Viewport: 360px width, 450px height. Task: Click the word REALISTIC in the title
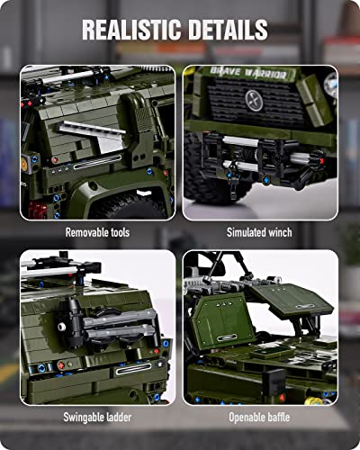pos(129,29)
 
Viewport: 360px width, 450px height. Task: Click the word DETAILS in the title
pos(228,29)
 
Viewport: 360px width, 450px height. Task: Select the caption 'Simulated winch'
pos(260,232)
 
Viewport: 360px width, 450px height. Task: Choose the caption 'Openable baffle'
pos(260,418)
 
